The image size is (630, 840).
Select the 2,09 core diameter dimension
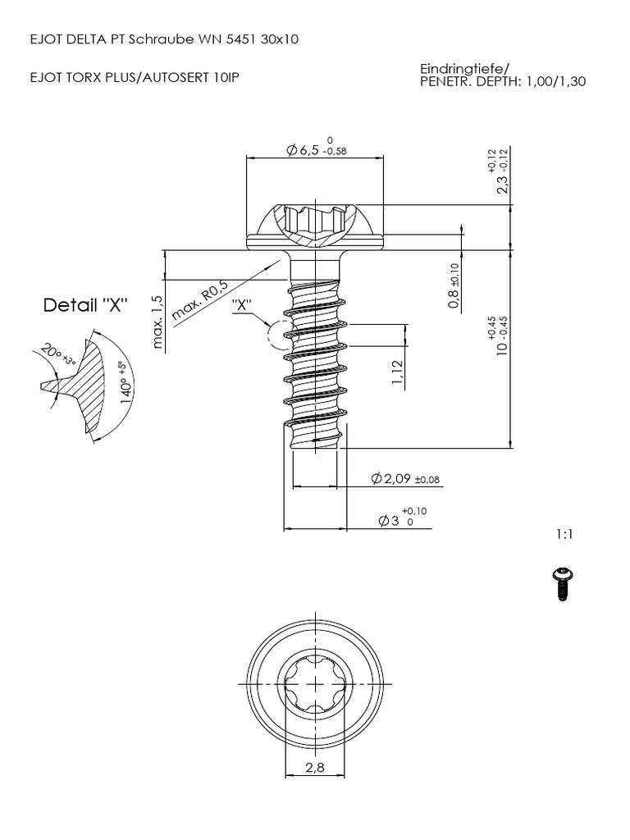pos(390,479)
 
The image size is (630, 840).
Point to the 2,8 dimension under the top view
pos(315,769)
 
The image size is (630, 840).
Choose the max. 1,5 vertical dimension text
pos(158,322)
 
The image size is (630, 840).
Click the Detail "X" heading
pos(86,305)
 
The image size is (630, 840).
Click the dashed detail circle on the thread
pos(279,335)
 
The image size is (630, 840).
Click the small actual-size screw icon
pos(563,583)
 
